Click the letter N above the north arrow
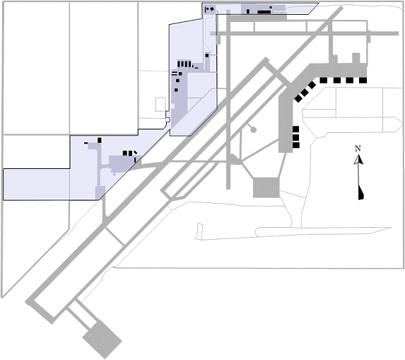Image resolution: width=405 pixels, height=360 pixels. [358, 149]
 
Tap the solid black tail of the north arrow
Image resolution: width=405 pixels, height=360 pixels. [361, 192]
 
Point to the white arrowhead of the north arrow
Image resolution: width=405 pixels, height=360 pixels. [358, 160]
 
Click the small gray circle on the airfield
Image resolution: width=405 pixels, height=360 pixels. [253, 129]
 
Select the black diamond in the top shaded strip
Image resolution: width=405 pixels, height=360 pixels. [212, 9]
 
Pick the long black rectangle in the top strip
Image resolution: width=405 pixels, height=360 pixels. [264, 12]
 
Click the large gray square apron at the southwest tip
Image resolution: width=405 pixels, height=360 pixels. [102, 339]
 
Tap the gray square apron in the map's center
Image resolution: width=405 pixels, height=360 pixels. [266, 187]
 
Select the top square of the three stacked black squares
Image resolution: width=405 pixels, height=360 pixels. [295, 129]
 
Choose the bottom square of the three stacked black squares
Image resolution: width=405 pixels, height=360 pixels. [296, 145]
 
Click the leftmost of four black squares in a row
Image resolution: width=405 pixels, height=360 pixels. [324, 81]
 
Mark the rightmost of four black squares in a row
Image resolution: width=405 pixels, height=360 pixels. [363, 81]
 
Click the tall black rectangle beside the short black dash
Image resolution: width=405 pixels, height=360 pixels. [100, 140]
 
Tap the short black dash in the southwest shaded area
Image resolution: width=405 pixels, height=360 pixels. [86, 143]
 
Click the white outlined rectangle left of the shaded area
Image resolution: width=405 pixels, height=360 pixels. [160, 105]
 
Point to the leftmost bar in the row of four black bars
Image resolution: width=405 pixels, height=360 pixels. [179, 64]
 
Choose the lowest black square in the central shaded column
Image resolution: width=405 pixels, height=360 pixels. [176, 90]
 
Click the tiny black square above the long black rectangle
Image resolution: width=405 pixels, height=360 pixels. [271, 8]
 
